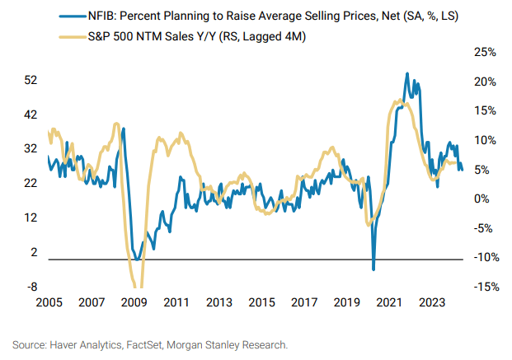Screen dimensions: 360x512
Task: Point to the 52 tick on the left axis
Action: point(31,81)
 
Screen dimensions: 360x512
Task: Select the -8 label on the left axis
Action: point(31,287)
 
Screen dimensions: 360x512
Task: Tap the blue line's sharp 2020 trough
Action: point(373,269)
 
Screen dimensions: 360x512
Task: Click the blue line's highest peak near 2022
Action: point(406,74)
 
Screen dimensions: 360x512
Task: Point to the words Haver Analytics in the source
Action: point(90,344)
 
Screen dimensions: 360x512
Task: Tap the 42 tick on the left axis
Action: point(31,115)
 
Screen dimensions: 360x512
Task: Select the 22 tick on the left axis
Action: point(31,184)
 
